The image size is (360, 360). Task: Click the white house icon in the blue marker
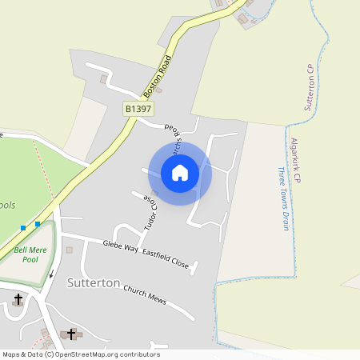coord(180,172)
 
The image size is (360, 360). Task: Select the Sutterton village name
coord(94,283)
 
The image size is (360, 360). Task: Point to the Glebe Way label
coord(121,247)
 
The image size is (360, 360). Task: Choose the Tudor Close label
coord(148,210)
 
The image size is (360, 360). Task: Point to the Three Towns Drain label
coord(282,198)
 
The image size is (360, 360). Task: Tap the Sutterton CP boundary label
coord(308,88)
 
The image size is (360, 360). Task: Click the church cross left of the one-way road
coord(18,299)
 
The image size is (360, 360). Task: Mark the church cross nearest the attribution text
coord(71,334)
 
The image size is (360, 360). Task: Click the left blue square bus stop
coord(22,228)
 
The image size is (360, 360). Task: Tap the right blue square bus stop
coord(38,224)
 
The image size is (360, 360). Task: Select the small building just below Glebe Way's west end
coord(69,250)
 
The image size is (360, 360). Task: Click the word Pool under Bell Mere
coord(30,260)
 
